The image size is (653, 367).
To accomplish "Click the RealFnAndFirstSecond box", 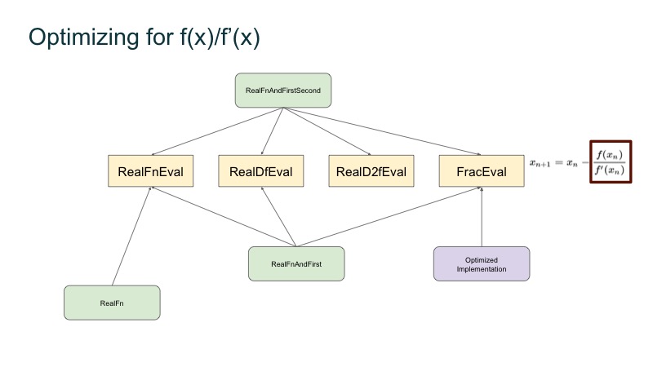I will tap(282, 89).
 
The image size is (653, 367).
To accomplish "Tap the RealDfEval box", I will tap(261, 172).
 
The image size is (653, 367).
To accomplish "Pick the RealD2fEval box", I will tap(371, 172).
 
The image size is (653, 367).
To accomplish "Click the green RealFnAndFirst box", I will tap(295, 263).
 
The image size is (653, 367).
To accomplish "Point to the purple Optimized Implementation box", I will tap(482, 263).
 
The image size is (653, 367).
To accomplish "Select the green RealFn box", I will tap(112, 303).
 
